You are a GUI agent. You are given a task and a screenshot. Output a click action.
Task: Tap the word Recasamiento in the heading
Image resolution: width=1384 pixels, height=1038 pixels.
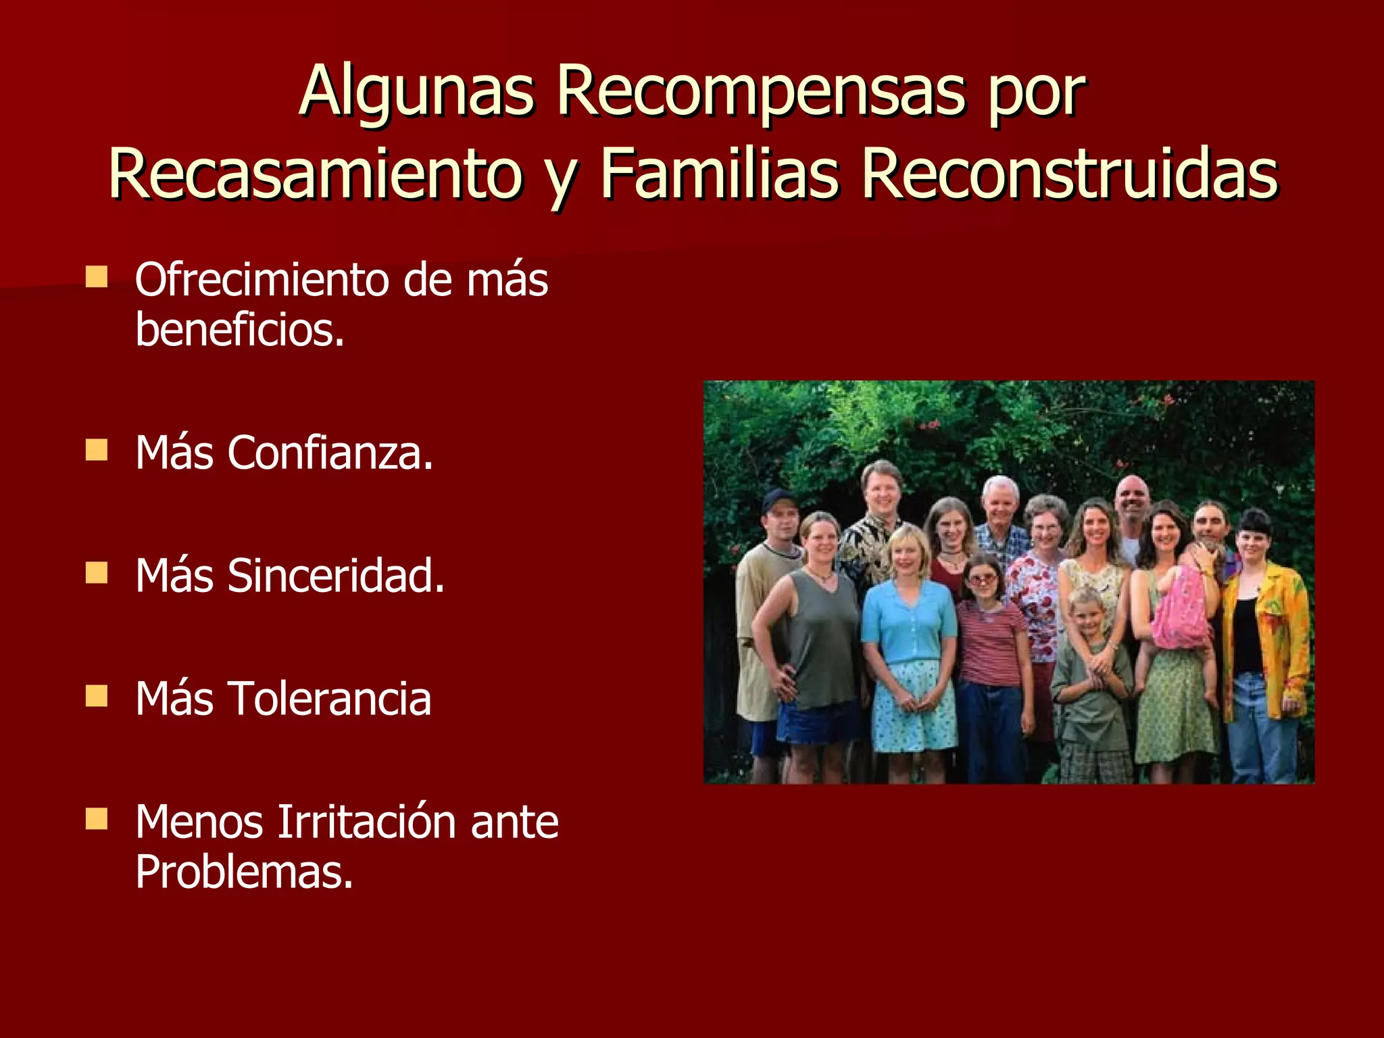pyautogui.click(x=316, y=174)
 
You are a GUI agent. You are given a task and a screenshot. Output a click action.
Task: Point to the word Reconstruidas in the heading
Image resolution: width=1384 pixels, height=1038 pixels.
pyautogui.click(x=1069, y=174)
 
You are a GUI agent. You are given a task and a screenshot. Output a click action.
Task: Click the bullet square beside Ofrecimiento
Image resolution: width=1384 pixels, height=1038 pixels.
pyautogui.click(x=97, y=276)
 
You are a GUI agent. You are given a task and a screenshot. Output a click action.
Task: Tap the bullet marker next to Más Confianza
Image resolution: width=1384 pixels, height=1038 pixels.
pyautogui.click(x=97, y=449)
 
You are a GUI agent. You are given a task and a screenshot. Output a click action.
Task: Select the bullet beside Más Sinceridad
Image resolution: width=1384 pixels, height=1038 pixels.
pyautogui.click(x=97, y=572)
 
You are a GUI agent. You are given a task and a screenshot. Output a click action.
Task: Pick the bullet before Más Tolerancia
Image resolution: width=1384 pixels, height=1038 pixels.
pyautogui.click(x=97, y=695)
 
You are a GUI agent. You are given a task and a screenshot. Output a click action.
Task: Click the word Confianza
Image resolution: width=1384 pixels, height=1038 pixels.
pyautogui.click(x=330, y=452)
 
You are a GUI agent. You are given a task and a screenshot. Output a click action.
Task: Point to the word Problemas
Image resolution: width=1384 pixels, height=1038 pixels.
pyautogui.click(x=244, y=872)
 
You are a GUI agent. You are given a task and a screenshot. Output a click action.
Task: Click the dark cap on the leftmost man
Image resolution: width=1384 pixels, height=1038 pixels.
pyautogui.click(x=779, y=500)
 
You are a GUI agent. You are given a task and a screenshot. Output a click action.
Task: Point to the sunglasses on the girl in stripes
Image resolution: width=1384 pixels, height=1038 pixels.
pyautogui.click(x=983, y=578)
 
